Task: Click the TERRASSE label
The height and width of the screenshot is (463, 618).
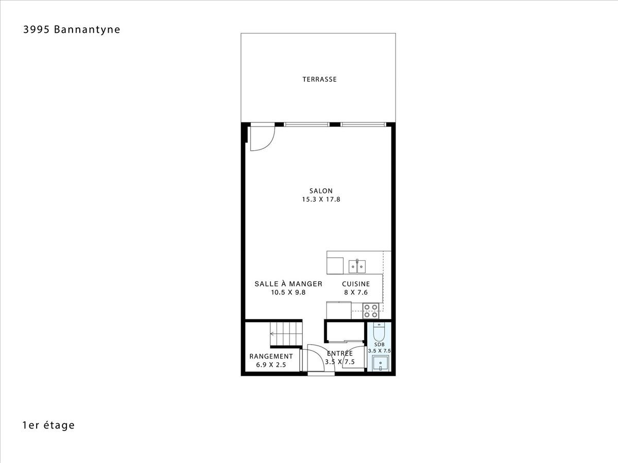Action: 320,80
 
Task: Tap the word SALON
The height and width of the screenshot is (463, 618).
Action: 321,191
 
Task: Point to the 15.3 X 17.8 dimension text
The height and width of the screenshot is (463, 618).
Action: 321,199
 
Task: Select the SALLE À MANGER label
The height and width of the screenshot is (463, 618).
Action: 288,283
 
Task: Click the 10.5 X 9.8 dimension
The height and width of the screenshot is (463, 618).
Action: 288,292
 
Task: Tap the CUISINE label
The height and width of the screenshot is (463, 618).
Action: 356,284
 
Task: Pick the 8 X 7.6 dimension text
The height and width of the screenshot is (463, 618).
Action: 356,292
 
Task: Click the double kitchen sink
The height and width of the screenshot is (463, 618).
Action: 357,266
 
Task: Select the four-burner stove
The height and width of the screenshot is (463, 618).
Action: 371,311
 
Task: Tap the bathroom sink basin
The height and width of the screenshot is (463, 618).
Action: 381,363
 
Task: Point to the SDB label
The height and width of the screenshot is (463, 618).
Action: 379,345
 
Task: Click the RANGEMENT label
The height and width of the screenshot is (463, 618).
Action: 271,357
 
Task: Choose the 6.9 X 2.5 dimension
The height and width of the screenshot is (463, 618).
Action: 271,365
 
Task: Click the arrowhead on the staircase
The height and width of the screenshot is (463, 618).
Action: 272,334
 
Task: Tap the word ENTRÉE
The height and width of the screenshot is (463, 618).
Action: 340,353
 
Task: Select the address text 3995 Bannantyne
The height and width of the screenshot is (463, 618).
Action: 72,29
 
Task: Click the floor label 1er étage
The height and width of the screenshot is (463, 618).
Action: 48,425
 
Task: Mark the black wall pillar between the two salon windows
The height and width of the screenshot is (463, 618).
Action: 335,124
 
